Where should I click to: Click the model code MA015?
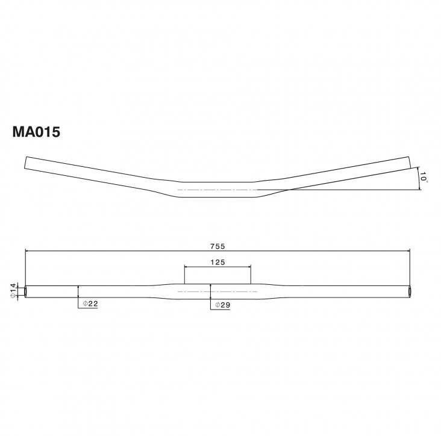[36, 132]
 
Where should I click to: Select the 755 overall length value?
[217, 246]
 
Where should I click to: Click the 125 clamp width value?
[217, 262]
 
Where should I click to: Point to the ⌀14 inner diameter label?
[12, 290]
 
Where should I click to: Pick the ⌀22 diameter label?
[90, 305]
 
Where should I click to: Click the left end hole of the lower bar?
[27, 291]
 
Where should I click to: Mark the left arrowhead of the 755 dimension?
[28, 251]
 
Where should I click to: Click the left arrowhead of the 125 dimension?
[186, 267]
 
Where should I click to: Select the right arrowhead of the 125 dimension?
[249, 267]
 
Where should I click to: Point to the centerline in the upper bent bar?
[217, 190]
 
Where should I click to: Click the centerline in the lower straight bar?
[217, 291]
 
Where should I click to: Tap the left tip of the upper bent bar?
[25, 163]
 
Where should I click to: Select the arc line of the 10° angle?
[418, 178]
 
